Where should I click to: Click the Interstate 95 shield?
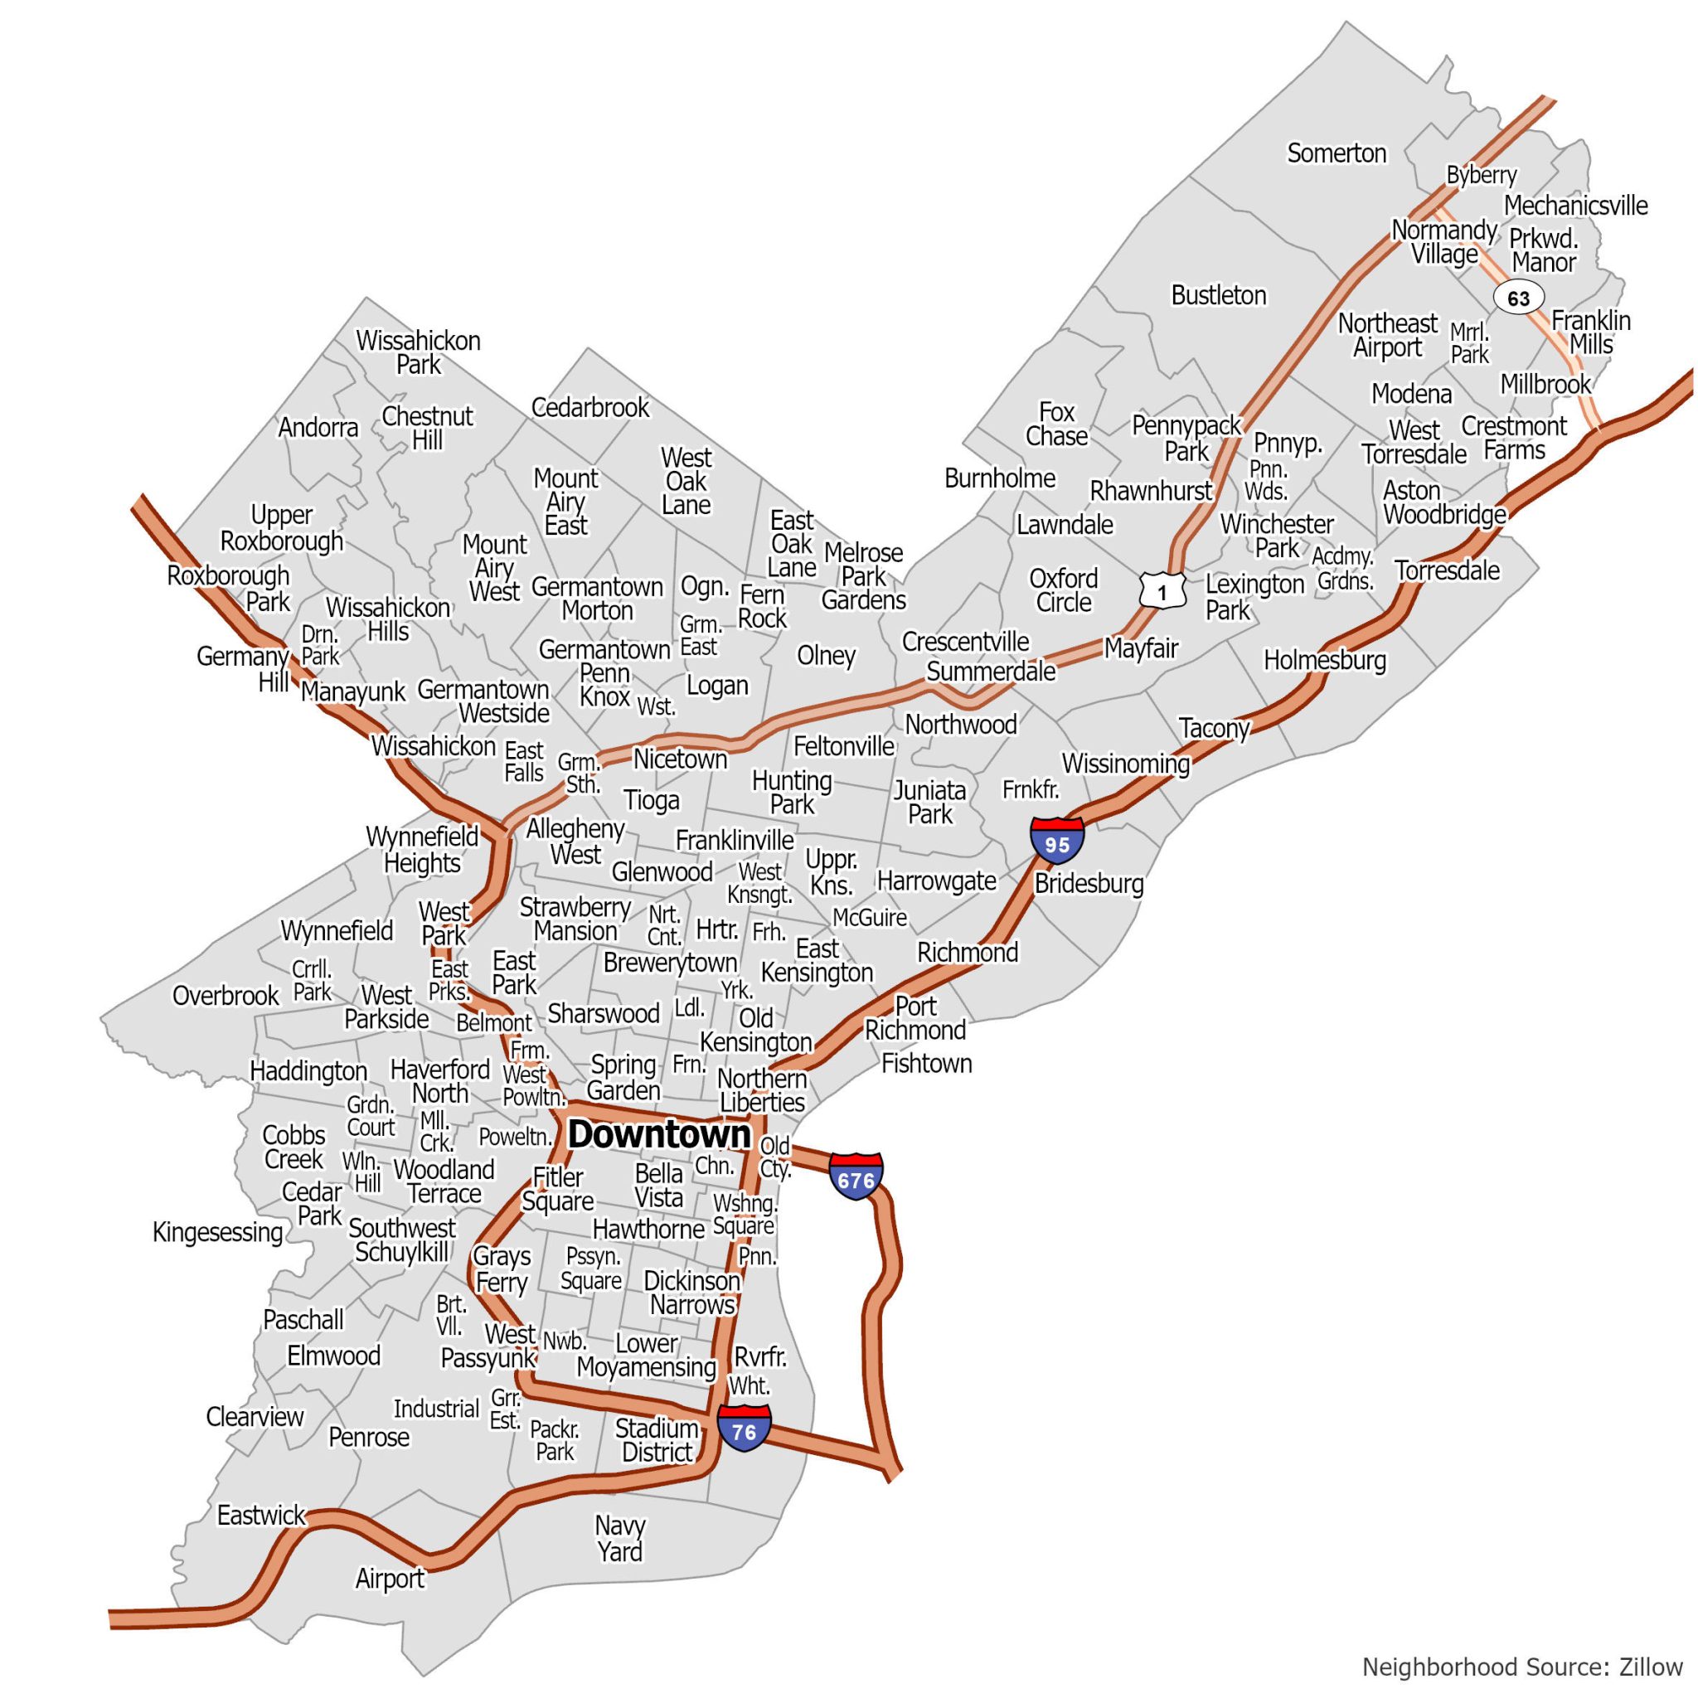click(x=1056, y=841)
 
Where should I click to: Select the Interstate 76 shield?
click(x=744, y=1430)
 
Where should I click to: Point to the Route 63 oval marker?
click(x=1518, y=298)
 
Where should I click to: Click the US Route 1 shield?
click(x=1162, y=590)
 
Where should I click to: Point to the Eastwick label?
click(x=261, y=1514)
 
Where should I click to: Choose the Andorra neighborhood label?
click(x=318, y=428)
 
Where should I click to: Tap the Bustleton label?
click(x=1218, y=295)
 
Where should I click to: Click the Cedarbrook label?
click(x=589, y=407)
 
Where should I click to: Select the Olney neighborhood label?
click(x=825, y=656)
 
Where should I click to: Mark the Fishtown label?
click(x=926, y=1064)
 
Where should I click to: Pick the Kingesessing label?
click(x=217, y=1231)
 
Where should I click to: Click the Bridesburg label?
click(x=1089, y=883)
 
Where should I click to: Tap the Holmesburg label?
click(x=1324, y=660)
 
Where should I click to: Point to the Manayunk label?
click(x=352, y=691)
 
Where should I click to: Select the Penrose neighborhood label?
click(x=368, y=1437)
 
